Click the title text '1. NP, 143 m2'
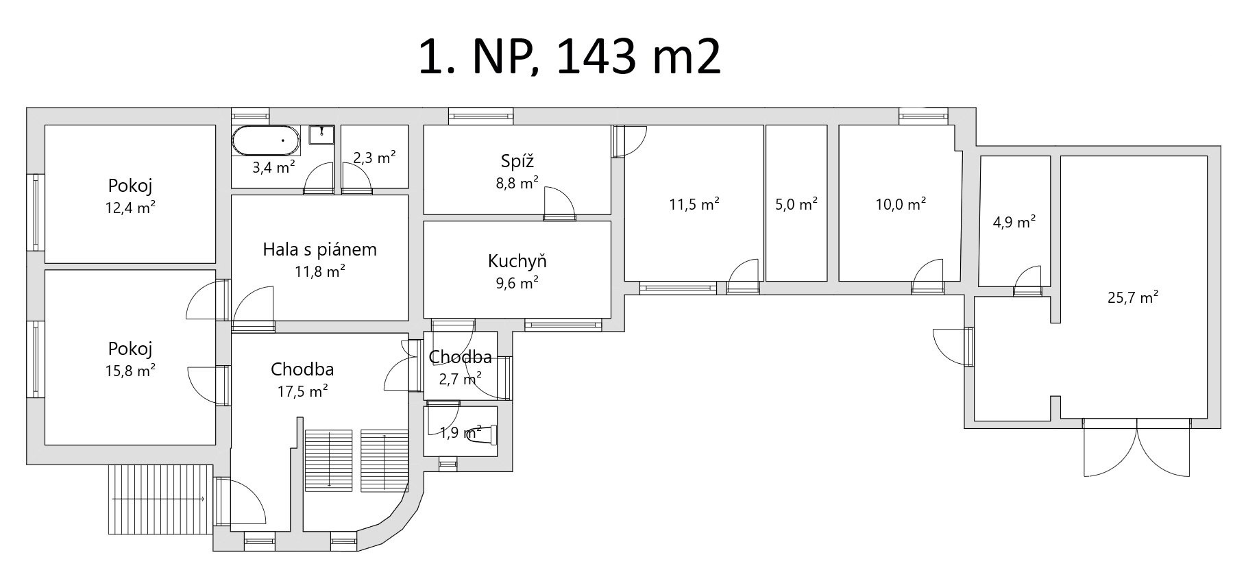[x=570, y=57]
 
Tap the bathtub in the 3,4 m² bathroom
[x=266, y=141]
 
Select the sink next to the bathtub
[x=321, y=134]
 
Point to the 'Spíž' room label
[x=517, y=162]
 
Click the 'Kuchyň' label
[x=517, y=261]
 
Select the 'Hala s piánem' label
[x=319, y=249]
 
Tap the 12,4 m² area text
[x=130, y=207]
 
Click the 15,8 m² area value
[x=130, y=371]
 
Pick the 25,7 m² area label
[x=1133, y=297]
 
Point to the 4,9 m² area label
[x=1014, y=221]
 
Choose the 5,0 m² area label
[x=796, y=203]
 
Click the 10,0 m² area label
[x=901, y=203]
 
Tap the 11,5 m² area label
[x=694, y=203]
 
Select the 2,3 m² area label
[x=374, y=158]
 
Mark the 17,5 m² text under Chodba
[x=302, y=392]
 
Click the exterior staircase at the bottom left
[x=159, y=499]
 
